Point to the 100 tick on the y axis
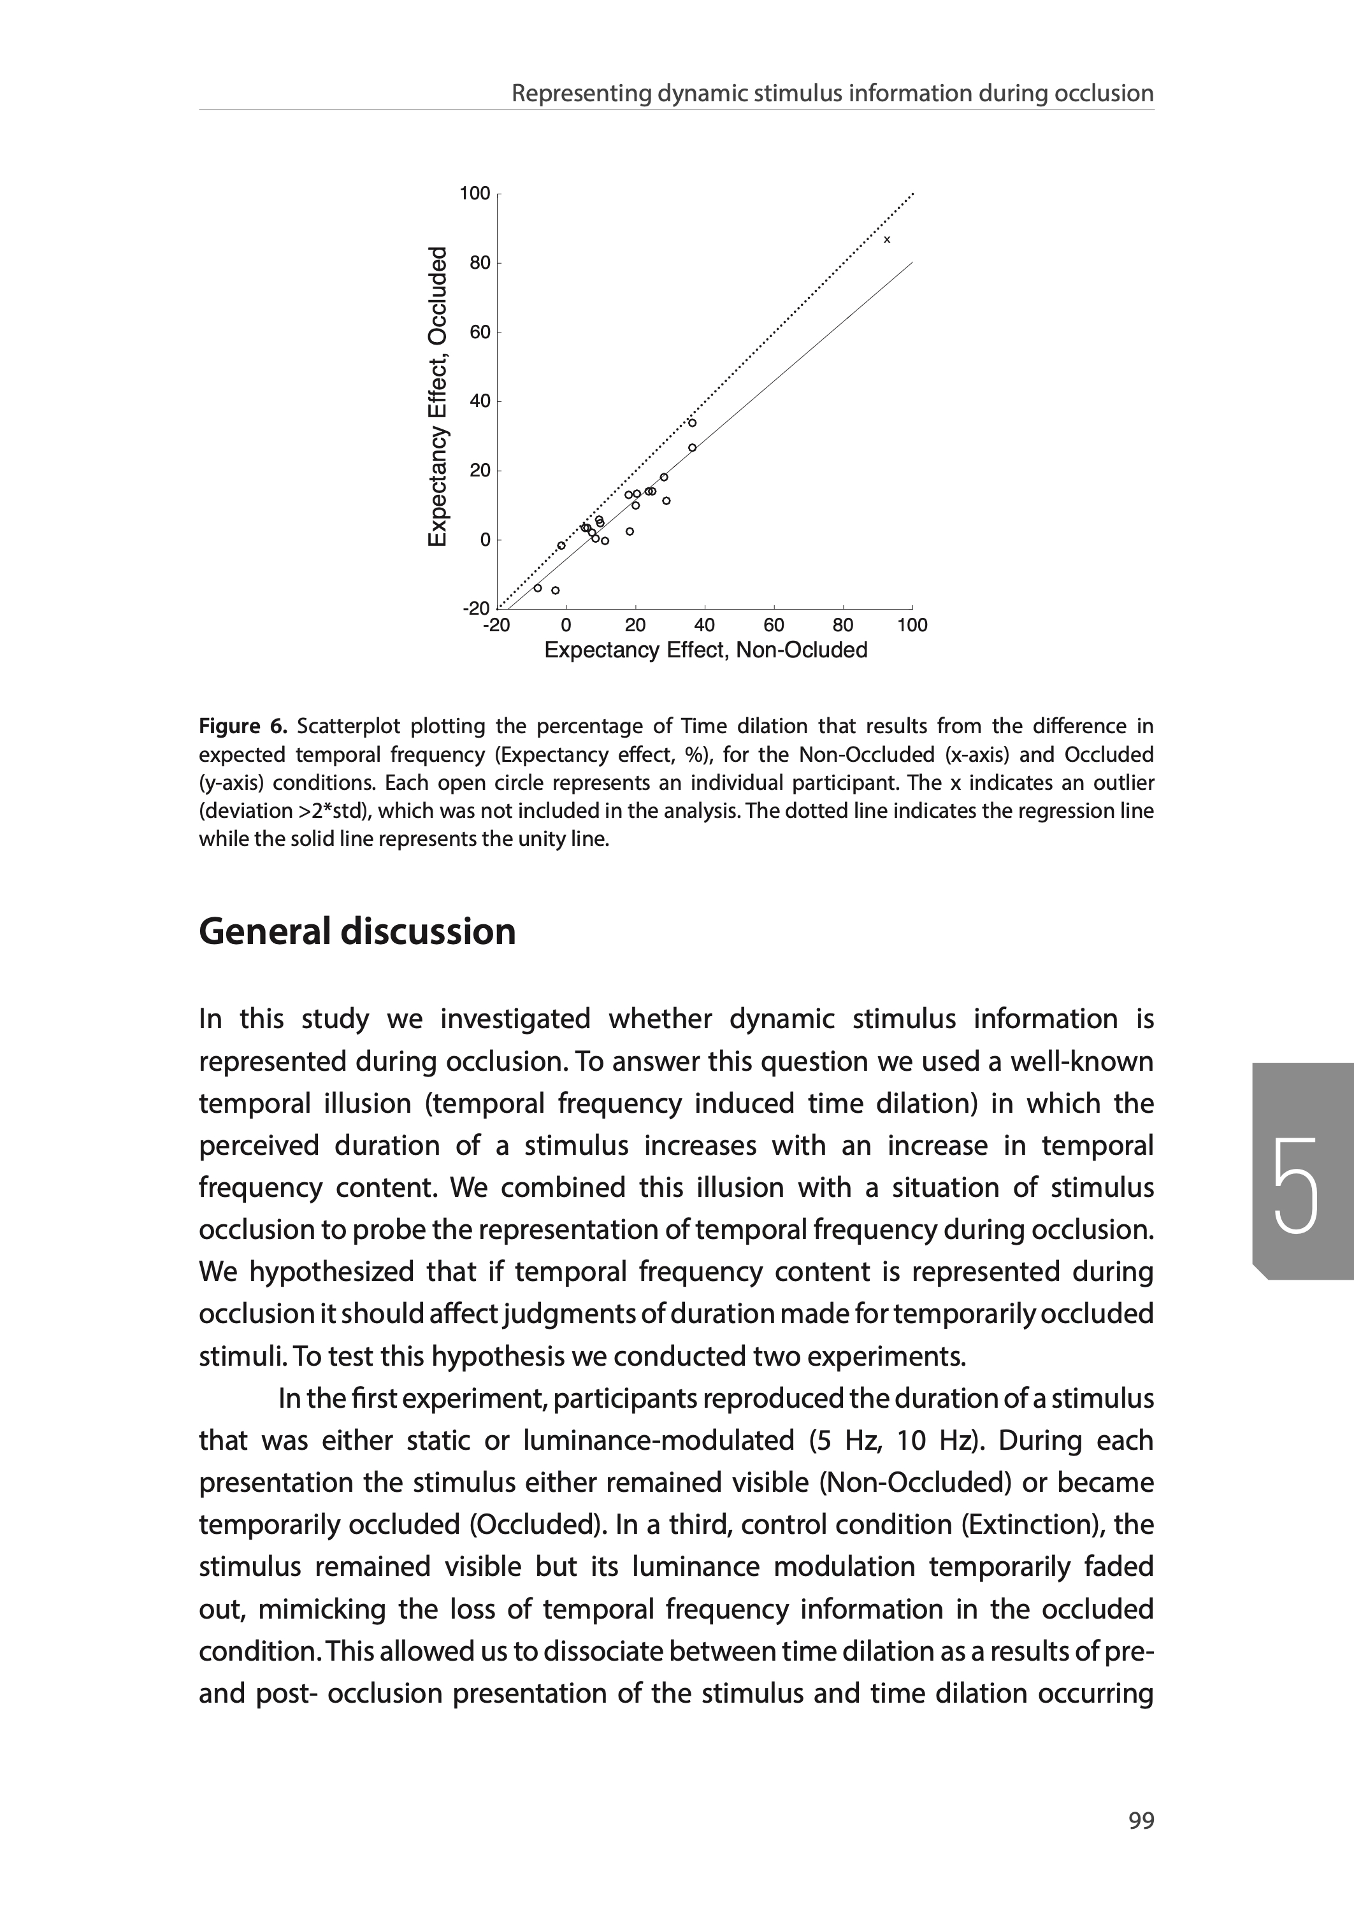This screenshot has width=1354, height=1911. pos(475,194)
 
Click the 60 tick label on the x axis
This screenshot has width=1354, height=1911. pos(774,625)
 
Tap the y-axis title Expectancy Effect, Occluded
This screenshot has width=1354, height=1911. pos(438,397)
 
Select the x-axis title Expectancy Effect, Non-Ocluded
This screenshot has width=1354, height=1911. pos(705,650)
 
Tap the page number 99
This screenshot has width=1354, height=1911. pos(1141,1821)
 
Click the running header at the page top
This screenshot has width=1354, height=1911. pos(832,94)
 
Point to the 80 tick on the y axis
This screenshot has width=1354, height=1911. pos(479,263)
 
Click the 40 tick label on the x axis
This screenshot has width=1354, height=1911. pos(705,625)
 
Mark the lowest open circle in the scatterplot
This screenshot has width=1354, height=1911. pos(555,590)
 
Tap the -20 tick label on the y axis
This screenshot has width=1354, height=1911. pos(476,608)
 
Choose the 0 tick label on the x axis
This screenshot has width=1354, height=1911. pos(566,625)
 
